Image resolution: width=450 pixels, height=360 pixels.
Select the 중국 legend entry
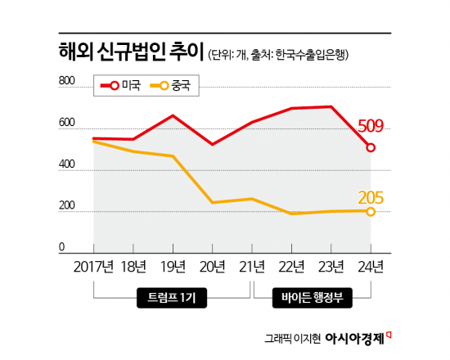[x=170, y=84]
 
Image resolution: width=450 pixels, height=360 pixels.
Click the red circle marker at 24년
[x=371, y=148]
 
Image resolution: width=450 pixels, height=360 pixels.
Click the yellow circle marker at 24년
[x=371, y=211]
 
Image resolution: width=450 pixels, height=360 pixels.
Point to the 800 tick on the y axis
[x=67, y=80]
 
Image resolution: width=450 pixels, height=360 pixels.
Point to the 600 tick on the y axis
[x=67, y=123]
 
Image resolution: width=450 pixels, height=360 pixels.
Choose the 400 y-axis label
[x=67, y=164]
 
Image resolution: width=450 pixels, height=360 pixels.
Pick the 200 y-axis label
[x=67, y=205]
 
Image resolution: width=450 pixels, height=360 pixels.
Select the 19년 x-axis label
[x=173, y=267]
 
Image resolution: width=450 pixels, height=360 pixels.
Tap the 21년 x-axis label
[x=251, y=267]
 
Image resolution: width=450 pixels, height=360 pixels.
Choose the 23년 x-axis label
[x=331, y=267]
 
